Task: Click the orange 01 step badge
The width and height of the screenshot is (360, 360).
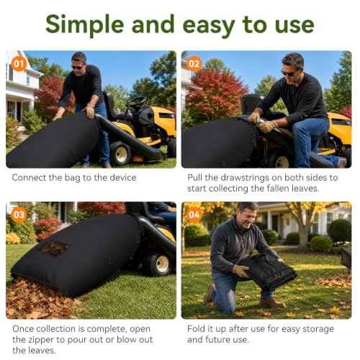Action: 19,64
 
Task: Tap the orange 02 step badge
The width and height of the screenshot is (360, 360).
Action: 194,64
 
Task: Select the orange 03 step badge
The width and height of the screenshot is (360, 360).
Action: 19,215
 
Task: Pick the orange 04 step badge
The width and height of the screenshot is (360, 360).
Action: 194,215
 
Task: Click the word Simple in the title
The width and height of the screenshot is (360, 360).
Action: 85,25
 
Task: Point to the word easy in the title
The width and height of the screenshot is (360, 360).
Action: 209,27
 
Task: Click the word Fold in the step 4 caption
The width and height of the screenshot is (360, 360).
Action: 196,328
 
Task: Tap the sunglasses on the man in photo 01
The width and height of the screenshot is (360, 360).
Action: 77,68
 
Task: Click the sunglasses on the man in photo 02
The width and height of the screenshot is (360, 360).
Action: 288,73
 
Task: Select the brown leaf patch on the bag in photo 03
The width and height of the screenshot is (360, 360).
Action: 55,248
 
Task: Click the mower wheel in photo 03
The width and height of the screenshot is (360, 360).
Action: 158,264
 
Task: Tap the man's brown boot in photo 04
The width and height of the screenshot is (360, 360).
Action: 272,302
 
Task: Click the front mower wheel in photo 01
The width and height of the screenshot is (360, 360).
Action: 120,153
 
